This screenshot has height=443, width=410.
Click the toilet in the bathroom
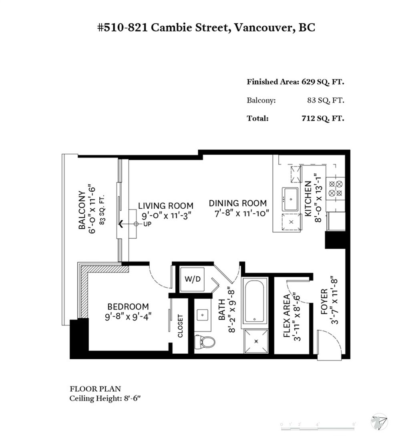(205, 341)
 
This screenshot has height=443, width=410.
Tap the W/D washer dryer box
(191, 278)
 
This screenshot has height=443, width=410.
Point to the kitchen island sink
(290, 199)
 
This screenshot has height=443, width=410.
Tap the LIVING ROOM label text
(165, 205)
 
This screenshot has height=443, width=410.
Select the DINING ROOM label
(238, 203)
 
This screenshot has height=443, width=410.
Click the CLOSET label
(180, 326)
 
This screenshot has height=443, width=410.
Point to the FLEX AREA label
(287, 316)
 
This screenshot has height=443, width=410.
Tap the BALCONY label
(82, 210)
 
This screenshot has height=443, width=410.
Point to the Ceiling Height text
(105, 399)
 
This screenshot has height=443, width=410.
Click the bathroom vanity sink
(203, 315)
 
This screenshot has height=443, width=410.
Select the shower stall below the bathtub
(255, 341)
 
